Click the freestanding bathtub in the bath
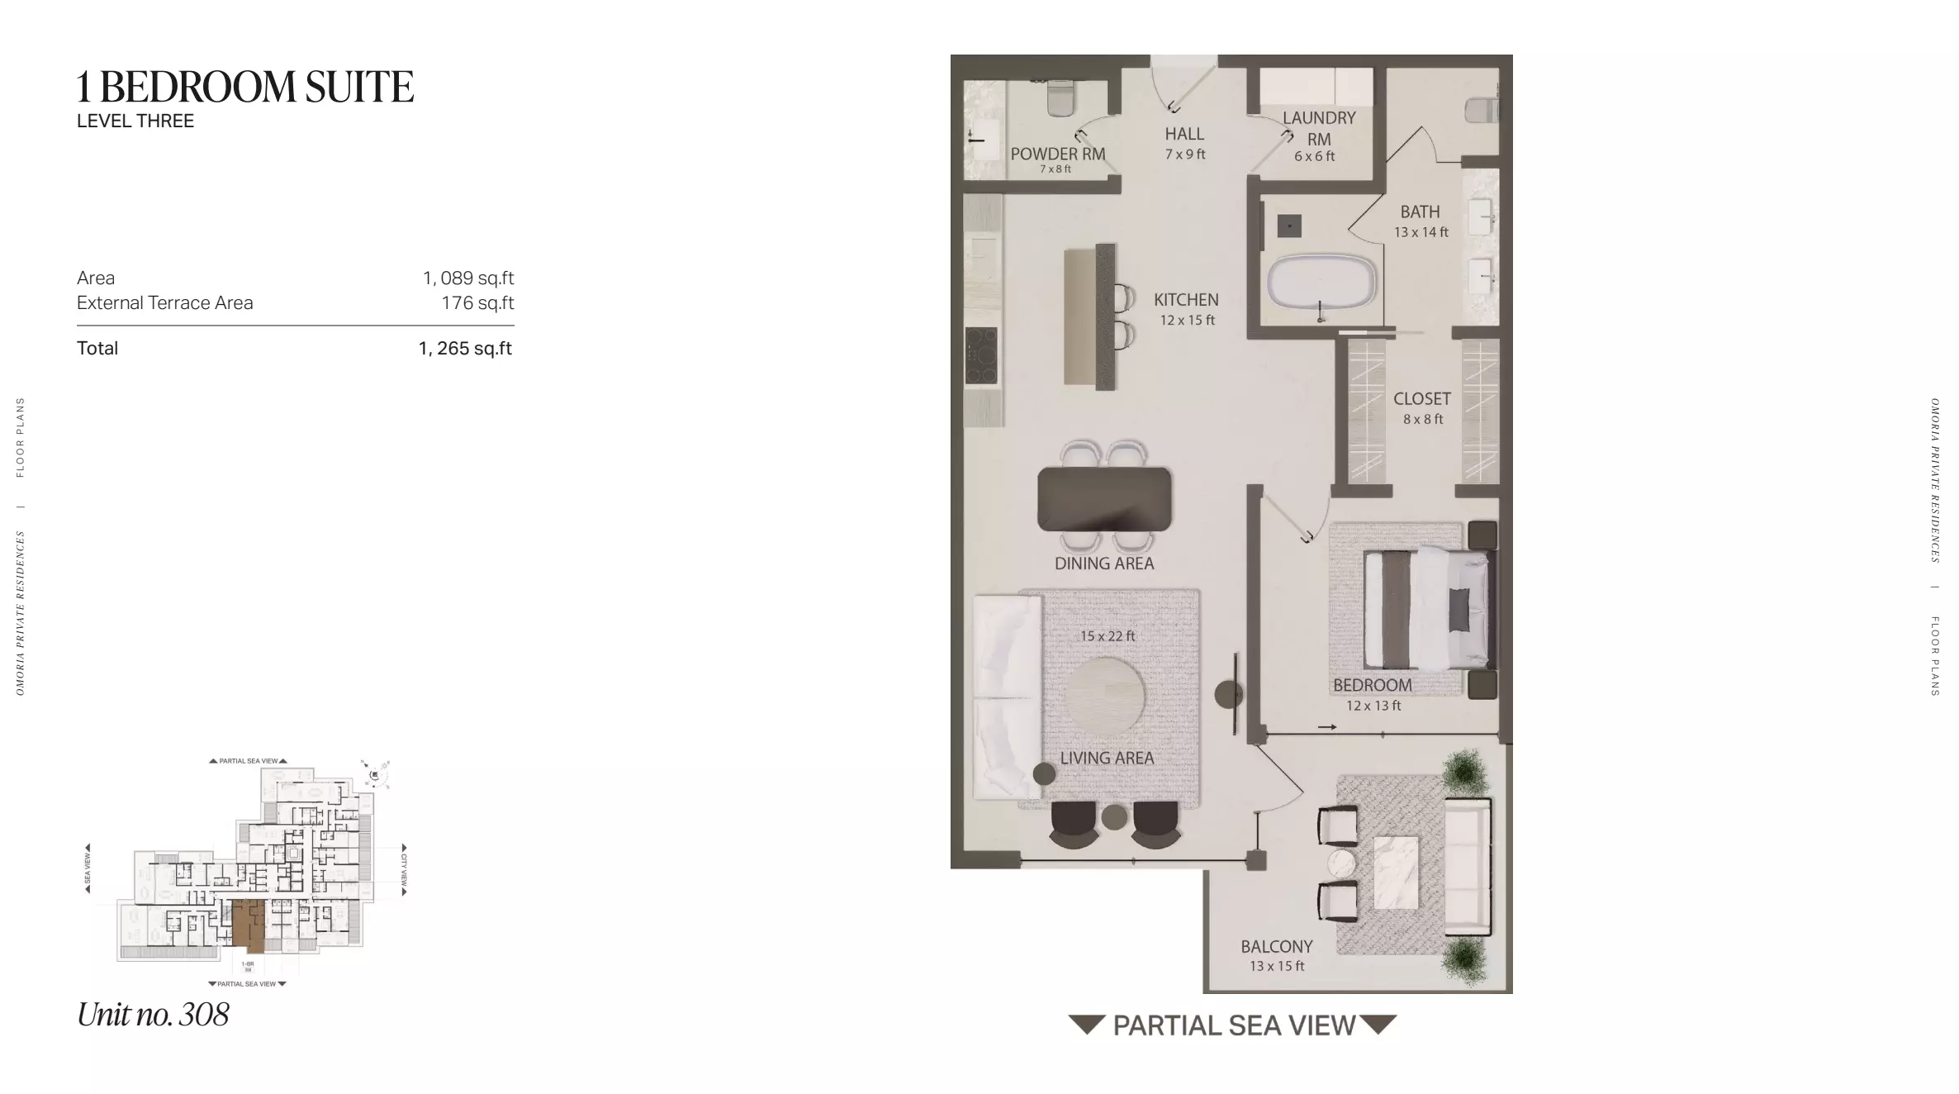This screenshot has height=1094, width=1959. [1321, 283]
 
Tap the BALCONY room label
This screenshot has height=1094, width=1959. [1276, 947]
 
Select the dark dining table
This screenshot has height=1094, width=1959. [1104, 499]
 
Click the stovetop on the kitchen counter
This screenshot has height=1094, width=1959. [981, 355]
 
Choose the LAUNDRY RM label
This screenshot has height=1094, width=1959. [1318, 128]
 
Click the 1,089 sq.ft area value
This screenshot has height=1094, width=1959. [467, 278]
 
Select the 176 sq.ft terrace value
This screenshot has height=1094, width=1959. [477, 303]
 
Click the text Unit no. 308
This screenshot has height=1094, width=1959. [153, 1015]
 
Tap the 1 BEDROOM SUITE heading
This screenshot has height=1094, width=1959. [245, 87]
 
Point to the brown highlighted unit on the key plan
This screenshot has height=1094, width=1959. [248, 924]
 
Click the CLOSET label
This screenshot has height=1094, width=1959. [1421, 399]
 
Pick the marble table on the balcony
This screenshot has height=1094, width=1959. [1396, 873]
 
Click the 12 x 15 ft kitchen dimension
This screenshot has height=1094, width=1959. [1187, 321]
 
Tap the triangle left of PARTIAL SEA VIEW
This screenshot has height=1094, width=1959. [1086, 1025]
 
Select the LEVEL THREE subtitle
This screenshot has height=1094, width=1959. [135, 121]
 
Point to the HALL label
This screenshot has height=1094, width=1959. [1184, 134]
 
